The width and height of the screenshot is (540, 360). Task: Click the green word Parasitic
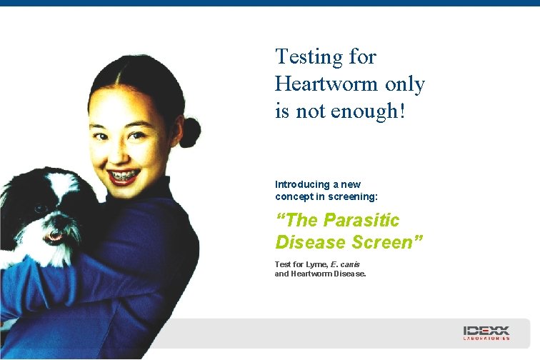click(x=361, y=220)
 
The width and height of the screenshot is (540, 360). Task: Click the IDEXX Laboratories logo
click(x=486, y=333)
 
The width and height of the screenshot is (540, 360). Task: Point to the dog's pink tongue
click(x=54, y=234)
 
